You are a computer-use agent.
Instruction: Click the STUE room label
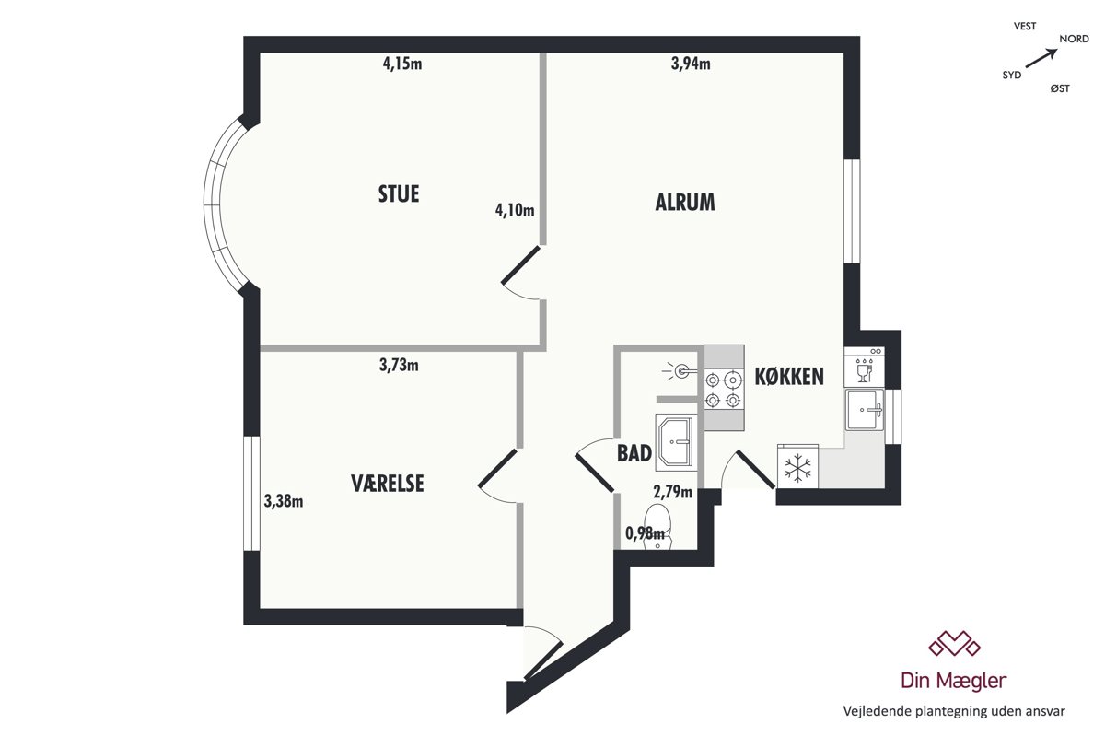point(399,194)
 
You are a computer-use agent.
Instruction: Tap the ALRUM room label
point(685,203)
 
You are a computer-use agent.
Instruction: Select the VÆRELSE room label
point(388,484)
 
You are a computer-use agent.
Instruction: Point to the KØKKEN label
point(789,377)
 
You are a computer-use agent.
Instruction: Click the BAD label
point(634,453)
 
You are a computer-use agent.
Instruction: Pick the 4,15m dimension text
point(402,64)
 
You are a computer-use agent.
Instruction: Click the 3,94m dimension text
point(691,64)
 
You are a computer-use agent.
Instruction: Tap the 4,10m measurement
point(515,210)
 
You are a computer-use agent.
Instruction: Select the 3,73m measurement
point(399,365)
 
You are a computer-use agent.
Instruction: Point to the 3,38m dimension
point(284,501)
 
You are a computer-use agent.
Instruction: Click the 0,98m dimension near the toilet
point(645,533)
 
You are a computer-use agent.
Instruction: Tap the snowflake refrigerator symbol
point(797,467)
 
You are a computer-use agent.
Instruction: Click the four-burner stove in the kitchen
point(724,389)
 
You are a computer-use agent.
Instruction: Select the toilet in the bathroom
point(658,526)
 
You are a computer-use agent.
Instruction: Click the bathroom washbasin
point(676,443)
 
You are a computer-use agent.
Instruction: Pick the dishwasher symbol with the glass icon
point(864,367)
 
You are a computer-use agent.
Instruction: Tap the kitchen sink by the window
point(865,410)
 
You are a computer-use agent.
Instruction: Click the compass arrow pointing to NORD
point(1041,59)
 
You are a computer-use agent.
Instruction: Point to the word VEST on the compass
point(1025,26)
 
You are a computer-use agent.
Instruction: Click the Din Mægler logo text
point(954,680)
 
